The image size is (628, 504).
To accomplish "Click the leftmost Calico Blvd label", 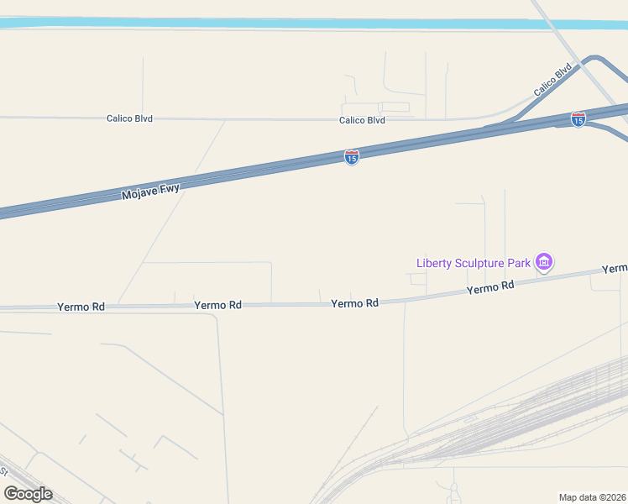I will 129,118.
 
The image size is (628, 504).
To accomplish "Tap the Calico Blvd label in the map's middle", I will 362,120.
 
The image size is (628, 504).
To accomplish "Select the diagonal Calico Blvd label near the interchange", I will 552,80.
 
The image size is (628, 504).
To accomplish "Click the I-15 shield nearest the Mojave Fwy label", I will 352,157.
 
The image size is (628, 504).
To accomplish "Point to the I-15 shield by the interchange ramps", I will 578,119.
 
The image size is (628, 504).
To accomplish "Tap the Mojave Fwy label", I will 151,192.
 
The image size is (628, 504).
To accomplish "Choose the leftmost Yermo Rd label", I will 81,307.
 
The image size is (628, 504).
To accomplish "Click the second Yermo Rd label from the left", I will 217,305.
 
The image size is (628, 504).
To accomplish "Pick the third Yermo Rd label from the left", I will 354,302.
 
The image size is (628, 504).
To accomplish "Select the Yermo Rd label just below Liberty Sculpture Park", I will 490,287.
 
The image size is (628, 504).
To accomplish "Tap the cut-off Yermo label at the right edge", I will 615,268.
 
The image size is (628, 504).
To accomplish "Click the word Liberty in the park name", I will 435,263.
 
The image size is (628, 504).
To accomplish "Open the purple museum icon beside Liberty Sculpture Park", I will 544,263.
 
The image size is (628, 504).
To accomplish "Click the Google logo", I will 28,494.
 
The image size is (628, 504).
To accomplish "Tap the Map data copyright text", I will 593,497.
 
